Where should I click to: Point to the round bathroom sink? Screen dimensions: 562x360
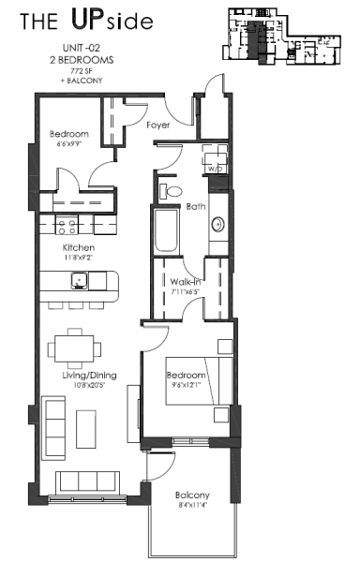tap(217, 224)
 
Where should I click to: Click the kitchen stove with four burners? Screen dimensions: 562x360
tap(68, 225)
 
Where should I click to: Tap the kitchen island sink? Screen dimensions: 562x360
tap(80, 278)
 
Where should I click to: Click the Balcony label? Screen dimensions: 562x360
tap(191, 495)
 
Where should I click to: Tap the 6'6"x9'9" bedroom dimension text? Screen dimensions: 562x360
tap(67, 144)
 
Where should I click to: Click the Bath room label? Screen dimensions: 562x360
tap(196, 206)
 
